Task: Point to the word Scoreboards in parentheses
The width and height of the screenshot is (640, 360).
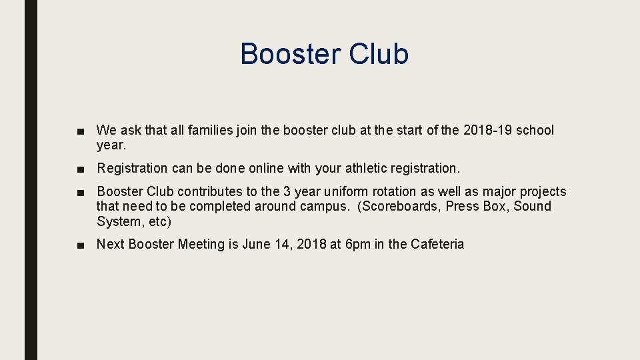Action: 399,207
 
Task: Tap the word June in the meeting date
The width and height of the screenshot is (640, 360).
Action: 257,245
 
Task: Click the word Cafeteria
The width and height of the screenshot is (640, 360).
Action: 437,245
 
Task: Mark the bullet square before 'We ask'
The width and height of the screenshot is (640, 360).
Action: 80,131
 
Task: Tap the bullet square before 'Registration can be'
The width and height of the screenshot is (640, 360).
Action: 80,169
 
